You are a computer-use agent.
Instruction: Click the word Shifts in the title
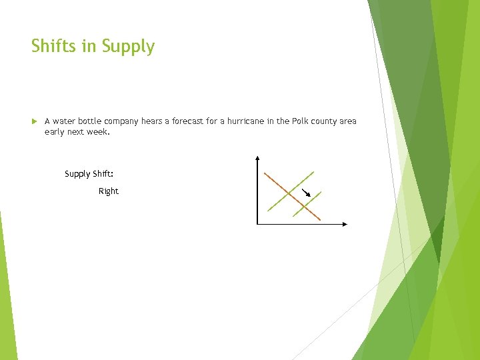[x=53, y=47]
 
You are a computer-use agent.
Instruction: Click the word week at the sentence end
[x=96, y=132]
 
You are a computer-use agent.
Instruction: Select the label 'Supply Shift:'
[x=89, y=174]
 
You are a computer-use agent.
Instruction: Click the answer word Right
[x=108, y=191]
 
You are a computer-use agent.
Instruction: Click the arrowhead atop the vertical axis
[x=257, y=158]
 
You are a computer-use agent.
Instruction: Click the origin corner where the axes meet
[x=257, y=224]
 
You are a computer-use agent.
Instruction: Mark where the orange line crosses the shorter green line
[x=305, y=207]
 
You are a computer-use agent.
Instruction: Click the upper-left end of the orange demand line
[x=265, y=173]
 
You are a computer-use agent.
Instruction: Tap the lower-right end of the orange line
[x=320, y=220]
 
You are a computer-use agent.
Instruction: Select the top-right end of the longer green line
[x=313, y=171]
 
